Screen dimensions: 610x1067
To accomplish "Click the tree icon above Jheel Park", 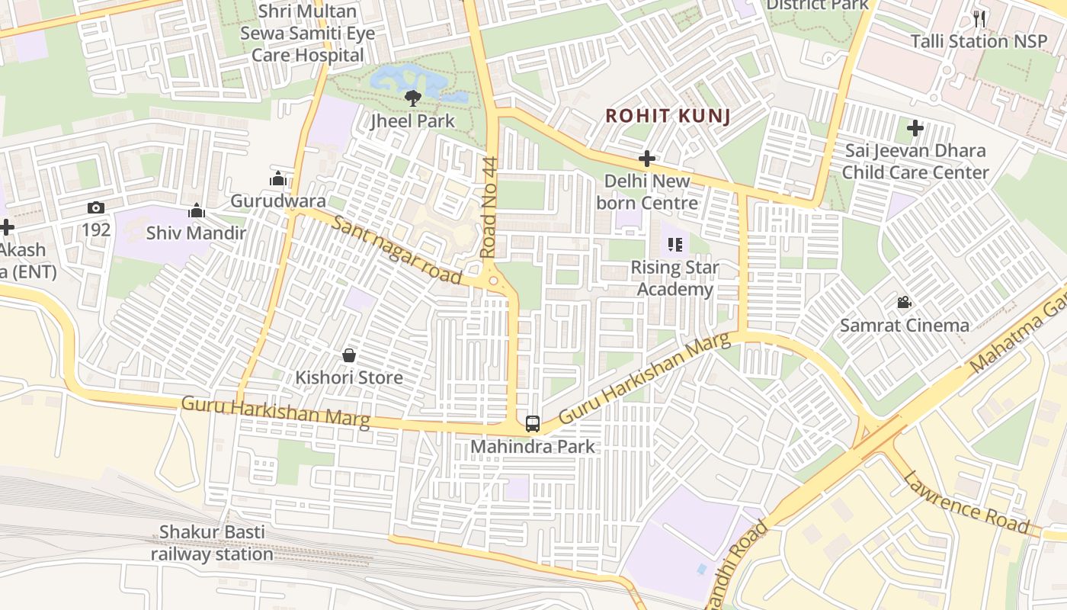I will [412, 98].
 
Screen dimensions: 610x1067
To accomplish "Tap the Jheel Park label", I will [412, 120].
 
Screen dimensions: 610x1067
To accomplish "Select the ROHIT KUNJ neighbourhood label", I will [668, 116].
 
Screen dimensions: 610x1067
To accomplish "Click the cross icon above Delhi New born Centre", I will [647, 159].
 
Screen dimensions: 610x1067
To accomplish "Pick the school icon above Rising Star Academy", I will [674, 245].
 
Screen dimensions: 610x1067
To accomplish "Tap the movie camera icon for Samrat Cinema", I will [904, 303].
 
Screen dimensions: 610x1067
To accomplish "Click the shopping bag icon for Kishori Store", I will [349, 355].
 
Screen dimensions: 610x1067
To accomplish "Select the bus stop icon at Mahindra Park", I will [533, 424].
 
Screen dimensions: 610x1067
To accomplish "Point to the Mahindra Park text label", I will [533, 446].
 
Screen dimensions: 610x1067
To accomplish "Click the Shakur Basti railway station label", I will [212, 543].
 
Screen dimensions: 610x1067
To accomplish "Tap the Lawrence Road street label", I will [966, 502].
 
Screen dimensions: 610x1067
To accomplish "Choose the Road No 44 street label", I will [489, 207].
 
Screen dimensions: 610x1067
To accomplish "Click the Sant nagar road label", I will [398, 249].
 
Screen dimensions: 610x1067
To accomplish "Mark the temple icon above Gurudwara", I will [278, 178].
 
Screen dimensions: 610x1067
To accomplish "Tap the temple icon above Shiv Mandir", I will [197, 210].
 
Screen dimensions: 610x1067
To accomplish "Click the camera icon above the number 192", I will [96, 207].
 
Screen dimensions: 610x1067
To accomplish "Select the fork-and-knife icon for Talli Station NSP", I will [979, 19].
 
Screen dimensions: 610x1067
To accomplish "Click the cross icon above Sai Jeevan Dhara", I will [915, 128].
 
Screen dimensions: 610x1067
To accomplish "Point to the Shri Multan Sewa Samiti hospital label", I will [308, 34].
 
